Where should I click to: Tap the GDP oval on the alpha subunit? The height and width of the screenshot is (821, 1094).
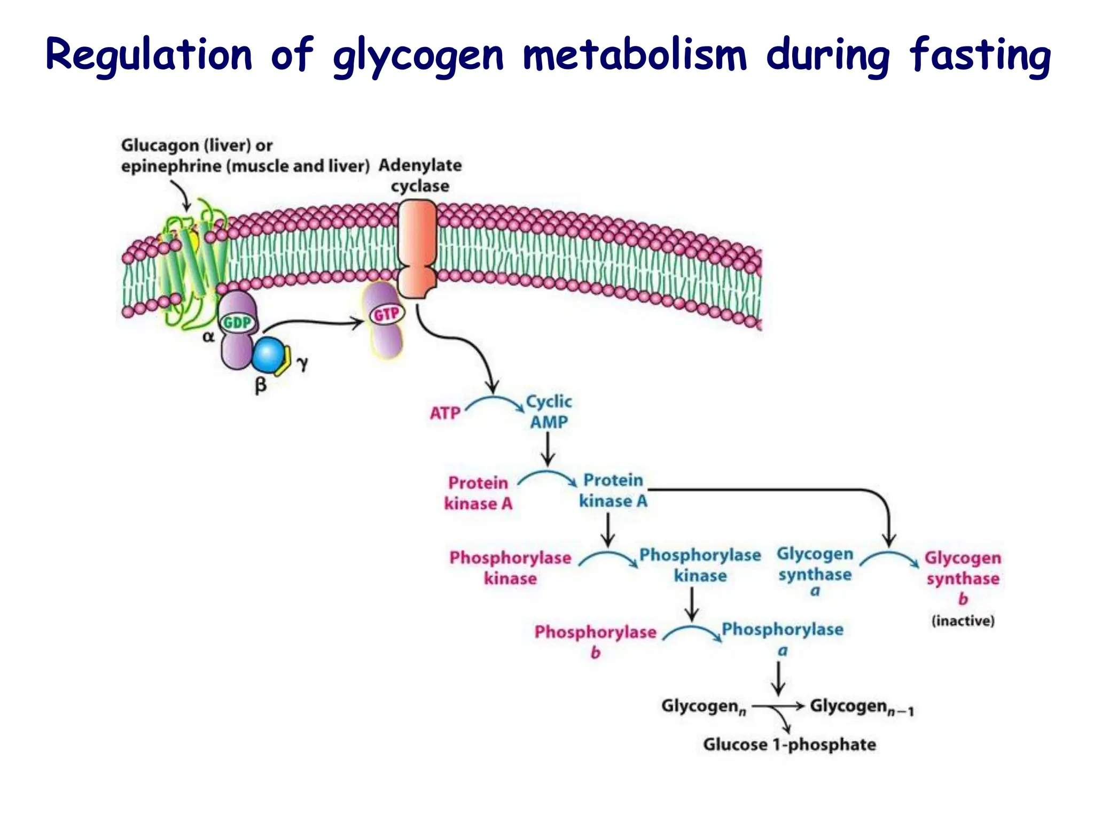click(x=237, y=323)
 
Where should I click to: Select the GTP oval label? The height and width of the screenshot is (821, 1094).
click(x=386, y=314)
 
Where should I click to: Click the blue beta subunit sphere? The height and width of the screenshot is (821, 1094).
click(x=267, y=355)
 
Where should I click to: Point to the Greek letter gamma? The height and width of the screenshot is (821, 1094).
click(x=302, y=363)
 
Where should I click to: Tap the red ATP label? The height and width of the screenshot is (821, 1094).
click(x=445, y=413)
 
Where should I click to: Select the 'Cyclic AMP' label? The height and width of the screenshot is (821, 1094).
click(x=549, y=412)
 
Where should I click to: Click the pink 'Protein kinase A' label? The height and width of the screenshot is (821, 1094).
click(x=478, y=493)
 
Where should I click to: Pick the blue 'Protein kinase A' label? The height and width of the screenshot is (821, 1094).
click(x=613, y=490)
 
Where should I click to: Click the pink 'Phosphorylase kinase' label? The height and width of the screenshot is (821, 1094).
click(x=510, y=568)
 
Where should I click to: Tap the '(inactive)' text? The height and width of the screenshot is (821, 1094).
click(x=963, y=621)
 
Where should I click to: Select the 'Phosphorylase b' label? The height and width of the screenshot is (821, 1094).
click(x=595, y=640)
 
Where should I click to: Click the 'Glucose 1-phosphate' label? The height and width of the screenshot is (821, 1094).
click(x=789, y=744)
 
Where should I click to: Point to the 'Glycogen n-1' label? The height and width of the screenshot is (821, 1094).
click(x=861, y=707)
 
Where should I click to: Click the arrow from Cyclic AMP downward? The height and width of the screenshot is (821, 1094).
click(x=548, y=449)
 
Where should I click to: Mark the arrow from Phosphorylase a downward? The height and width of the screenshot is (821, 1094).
click(x=778, y=678)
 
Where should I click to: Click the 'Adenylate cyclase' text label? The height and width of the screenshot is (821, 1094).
click(x=420, y=175)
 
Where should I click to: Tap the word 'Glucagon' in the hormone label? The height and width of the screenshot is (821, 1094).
click(x=160, y=145)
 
